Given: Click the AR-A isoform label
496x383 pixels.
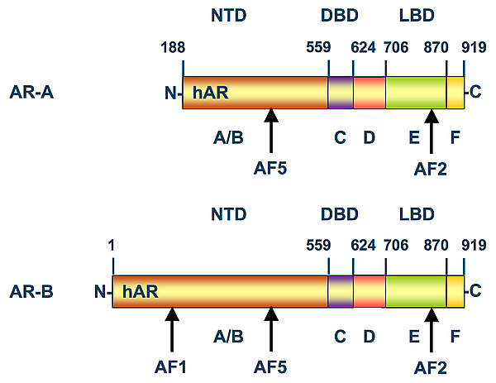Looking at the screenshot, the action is [31, 93].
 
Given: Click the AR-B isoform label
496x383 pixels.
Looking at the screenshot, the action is [31, 291].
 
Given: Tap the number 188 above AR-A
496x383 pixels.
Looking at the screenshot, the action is [173, 47].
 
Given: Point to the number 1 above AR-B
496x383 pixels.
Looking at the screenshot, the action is [111, 246].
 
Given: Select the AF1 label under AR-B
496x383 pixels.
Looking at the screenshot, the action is [171, 367].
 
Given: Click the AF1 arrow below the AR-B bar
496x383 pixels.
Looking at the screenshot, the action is [172, 329].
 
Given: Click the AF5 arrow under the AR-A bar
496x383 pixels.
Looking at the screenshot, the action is [271, 131].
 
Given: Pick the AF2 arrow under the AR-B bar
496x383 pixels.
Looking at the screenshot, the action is [432, 329].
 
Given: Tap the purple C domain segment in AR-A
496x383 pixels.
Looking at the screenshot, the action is [341, 93].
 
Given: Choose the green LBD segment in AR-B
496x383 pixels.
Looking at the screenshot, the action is [416, 291].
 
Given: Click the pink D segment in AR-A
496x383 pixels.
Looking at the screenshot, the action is [370, 93].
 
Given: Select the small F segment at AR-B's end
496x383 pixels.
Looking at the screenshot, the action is [455, 291].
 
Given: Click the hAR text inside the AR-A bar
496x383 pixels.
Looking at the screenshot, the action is [210, 93].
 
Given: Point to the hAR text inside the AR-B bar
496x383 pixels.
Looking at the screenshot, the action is [141, 291].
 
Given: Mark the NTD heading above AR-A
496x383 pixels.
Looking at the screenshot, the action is [229, 16].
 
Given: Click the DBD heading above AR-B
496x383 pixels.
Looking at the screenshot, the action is [340, 214].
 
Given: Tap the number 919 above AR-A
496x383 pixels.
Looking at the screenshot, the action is [474, 47].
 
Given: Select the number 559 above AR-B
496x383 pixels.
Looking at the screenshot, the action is [318, 246].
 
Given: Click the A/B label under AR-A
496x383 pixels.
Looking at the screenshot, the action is [228, 137].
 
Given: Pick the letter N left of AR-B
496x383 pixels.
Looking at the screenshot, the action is [100, 291].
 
